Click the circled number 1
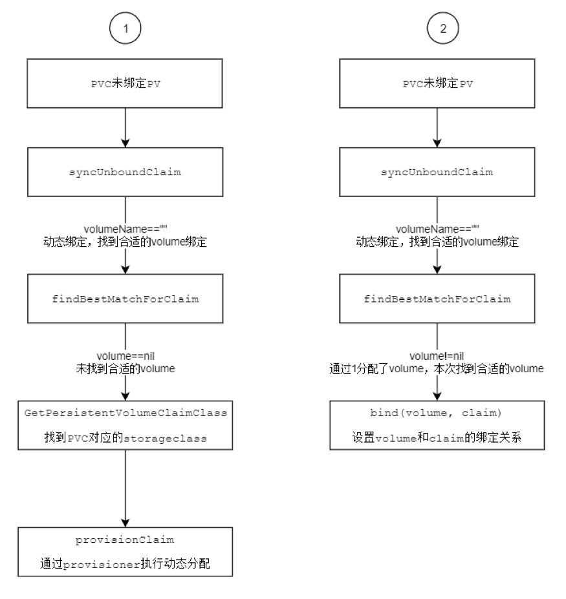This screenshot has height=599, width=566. click(125, 28)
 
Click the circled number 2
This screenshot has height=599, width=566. click(443, 28)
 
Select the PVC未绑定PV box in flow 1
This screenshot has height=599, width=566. click(125, 83)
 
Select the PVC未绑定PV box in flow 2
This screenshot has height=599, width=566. click(437, 83)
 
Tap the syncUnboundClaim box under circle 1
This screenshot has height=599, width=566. click(125, 172)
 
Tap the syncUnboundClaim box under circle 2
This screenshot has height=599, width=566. click(437, 172)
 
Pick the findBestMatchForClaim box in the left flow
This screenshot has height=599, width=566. click(125, 299)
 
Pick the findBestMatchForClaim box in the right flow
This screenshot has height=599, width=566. click(437, 299)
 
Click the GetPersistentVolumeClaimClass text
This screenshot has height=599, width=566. click(125, 413)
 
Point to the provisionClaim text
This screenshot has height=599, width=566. click(125, 540)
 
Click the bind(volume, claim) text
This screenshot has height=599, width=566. click(435, 413)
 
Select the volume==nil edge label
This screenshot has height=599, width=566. click(125, 356)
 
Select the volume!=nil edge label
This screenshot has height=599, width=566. click(437, 356)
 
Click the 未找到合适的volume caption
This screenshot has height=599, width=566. click(125, 369)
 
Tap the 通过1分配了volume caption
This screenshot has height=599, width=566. click(376, 369)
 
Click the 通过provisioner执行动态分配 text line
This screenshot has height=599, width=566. click(125, 563)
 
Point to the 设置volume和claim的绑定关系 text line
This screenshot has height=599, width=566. click(437, 437)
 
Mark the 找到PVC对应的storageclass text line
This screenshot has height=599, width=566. click(125, 437)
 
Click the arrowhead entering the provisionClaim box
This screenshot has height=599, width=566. click(125, 523)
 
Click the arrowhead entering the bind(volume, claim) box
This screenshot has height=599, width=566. click(437, 396)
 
